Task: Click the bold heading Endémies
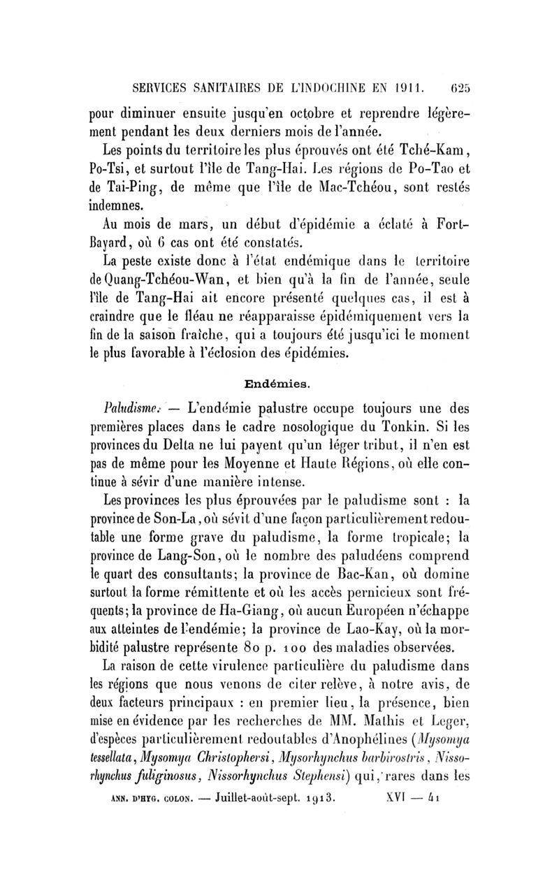(x=279, y=384)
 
